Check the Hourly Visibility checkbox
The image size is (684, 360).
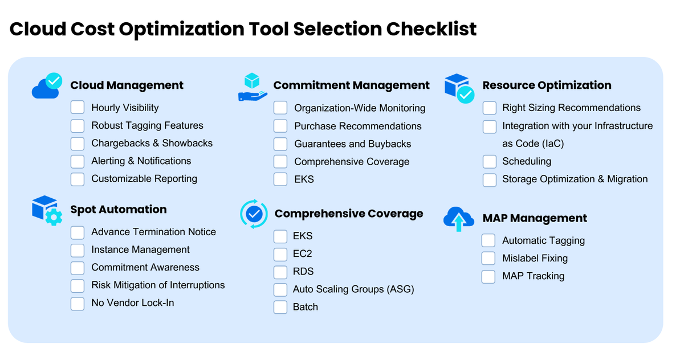pyautogui.click(x=78, y=108)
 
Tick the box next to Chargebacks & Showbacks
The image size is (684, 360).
pyautogui.click(x=78, y=144)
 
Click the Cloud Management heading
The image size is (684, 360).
pyautogui.click(x=127, y=85)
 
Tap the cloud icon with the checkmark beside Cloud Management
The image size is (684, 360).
pyautogui.click(x=47, y=86)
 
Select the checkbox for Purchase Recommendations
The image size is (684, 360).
pyautogui.click(x=280, y=126)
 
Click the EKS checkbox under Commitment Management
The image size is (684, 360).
pyautogui.click(x=280, y=179)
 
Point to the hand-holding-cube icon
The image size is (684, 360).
pyautogui.click(x=253, y=87)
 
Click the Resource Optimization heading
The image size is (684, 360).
pyautogui.click(x=547, y=85)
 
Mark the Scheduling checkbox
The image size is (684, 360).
pyautogui.click(x=490, y=161)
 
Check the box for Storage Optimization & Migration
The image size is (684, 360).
pyautogui.click(x=490, y=179)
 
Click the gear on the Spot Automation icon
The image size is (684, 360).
pyautogui.click(x=54, y=217)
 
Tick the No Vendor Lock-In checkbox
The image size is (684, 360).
pyautogui.click(x=78, y=303)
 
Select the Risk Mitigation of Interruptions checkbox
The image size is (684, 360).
pyautogui.click(x=78, y=285)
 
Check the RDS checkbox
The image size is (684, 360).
pyautogui.click(x=280, y=272)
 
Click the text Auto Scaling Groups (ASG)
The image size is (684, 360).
pyautogui.click(x=353, y=289)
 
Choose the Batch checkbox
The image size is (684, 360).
pyautogui.click(x=280, y=307)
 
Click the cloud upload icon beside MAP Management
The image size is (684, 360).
pyautogui.click(x=459, y=219)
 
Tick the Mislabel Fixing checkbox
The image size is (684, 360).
pyautogui.click(x=488, y=258)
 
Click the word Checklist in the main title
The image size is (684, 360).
pyautogui.click(x=431, y=29)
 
